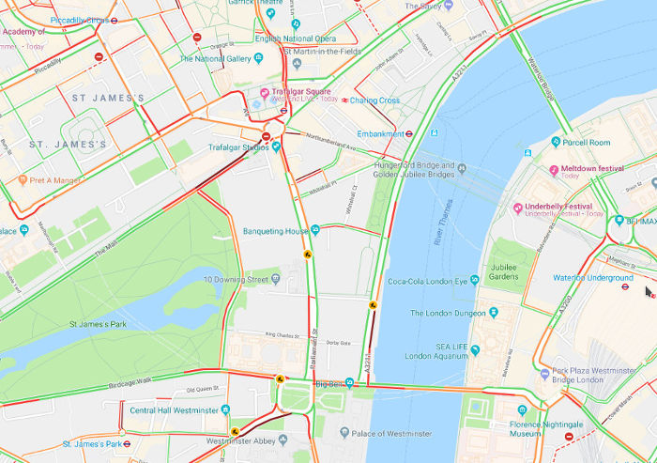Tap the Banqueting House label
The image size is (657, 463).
276,230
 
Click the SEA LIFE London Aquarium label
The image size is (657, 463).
437,350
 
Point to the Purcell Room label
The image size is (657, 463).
587,143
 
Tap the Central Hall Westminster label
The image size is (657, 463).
174,409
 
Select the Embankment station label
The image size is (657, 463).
380,133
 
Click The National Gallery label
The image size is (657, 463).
216,58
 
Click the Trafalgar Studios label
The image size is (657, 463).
219,147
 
